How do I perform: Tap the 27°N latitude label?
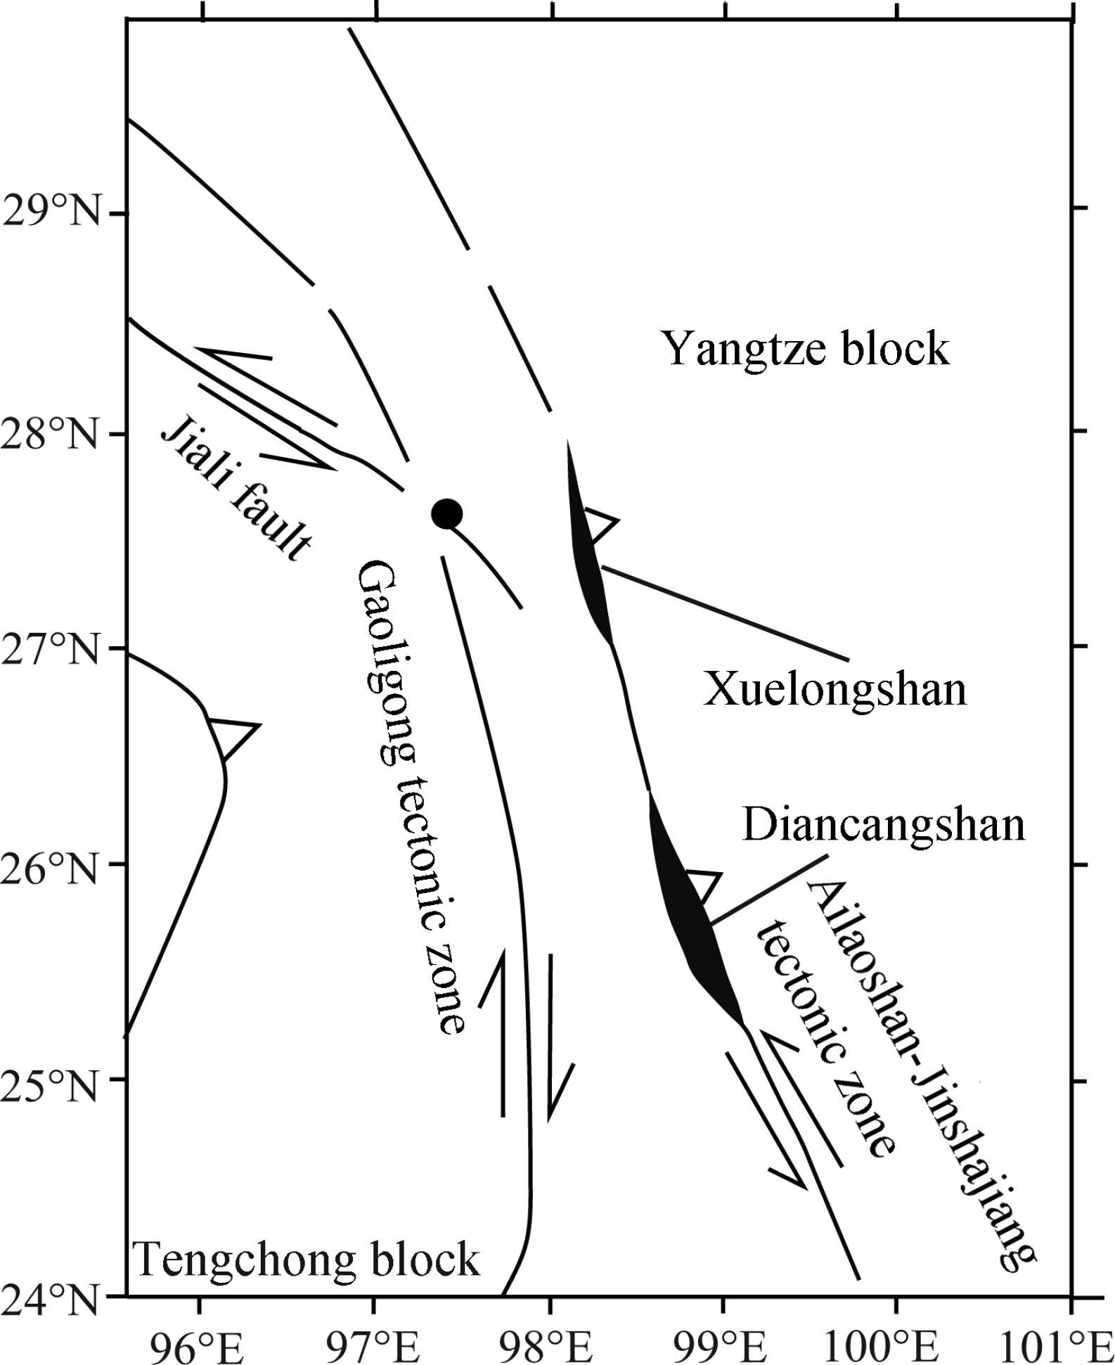53,648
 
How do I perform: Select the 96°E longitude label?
201,1342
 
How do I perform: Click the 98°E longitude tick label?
549,1342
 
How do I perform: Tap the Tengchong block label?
307,1258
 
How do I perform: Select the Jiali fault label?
237,485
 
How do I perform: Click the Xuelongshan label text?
835,688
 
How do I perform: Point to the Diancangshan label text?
884,824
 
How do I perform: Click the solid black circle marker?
446,514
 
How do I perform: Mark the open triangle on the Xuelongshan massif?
599,524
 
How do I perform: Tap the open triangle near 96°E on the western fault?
232,736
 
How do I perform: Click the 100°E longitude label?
896,1342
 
